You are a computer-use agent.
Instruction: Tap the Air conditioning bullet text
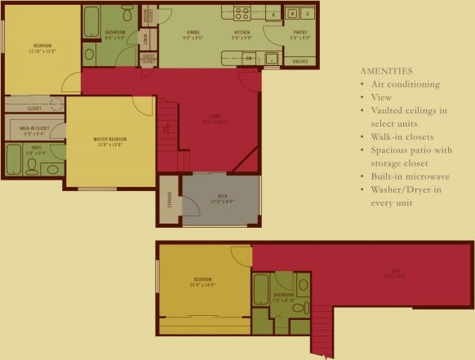point(405,84)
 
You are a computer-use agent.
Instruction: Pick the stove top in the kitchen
point(242,13)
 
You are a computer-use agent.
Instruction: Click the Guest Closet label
point(148,59)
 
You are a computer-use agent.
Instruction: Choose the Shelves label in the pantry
point(300,60)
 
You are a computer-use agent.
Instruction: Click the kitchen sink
point(270,59)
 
